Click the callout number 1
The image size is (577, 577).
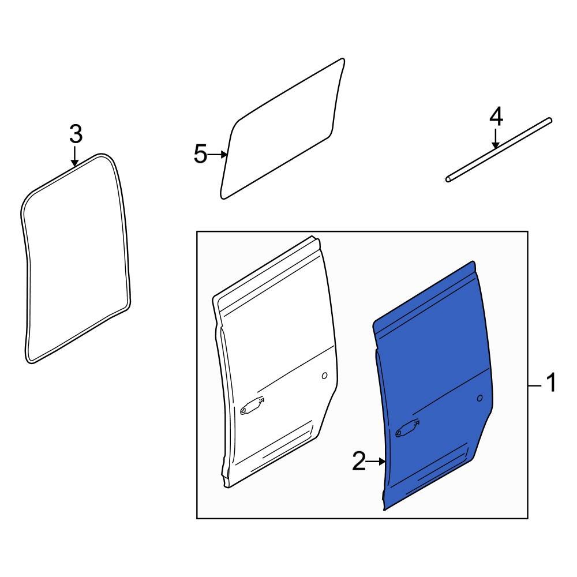coord(550,383)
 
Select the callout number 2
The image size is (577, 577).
coord(359,461)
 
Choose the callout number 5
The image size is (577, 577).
coord(201,154)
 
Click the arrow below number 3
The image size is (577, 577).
coord(75,156)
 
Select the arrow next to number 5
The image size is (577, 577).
coord(218,155)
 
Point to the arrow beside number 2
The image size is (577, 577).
coord(376,462)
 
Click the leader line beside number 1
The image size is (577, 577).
coord(535,385)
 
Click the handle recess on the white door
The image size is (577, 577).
coord(253,406)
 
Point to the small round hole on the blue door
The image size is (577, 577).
coord(480,398)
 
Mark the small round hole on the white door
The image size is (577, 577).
coord(324,376)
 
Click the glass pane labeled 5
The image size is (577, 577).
coord(282,129)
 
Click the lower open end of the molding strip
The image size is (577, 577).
coord(448,179)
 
